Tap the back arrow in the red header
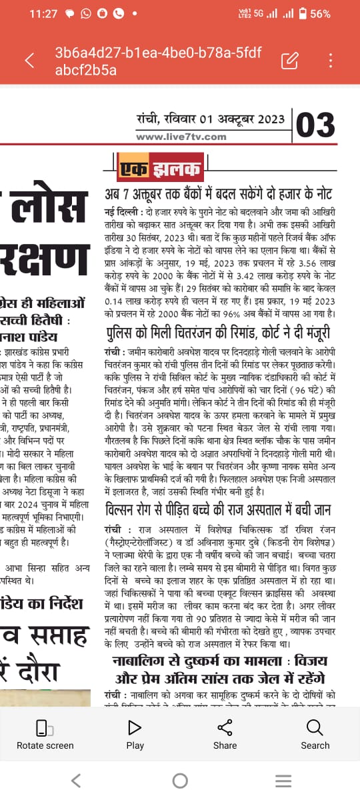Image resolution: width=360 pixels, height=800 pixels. pos(29,61)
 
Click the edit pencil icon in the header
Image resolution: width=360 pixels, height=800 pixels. pos(289,61)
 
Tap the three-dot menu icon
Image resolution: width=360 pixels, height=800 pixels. pos(331,61)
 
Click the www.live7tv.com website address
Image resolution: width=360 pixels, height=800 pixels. pos(181,137)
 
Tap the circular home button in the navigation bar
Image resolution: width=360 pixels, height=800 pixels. pos(180,781)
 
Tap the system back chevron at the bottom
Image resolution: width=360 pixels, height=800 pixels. pos(76,781)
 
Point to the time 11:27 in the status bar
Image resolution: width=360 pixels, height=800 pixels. pos(43,13)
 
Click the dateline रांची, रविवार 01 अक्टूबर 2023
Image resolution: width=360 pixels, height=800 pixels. pos(211,120)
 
